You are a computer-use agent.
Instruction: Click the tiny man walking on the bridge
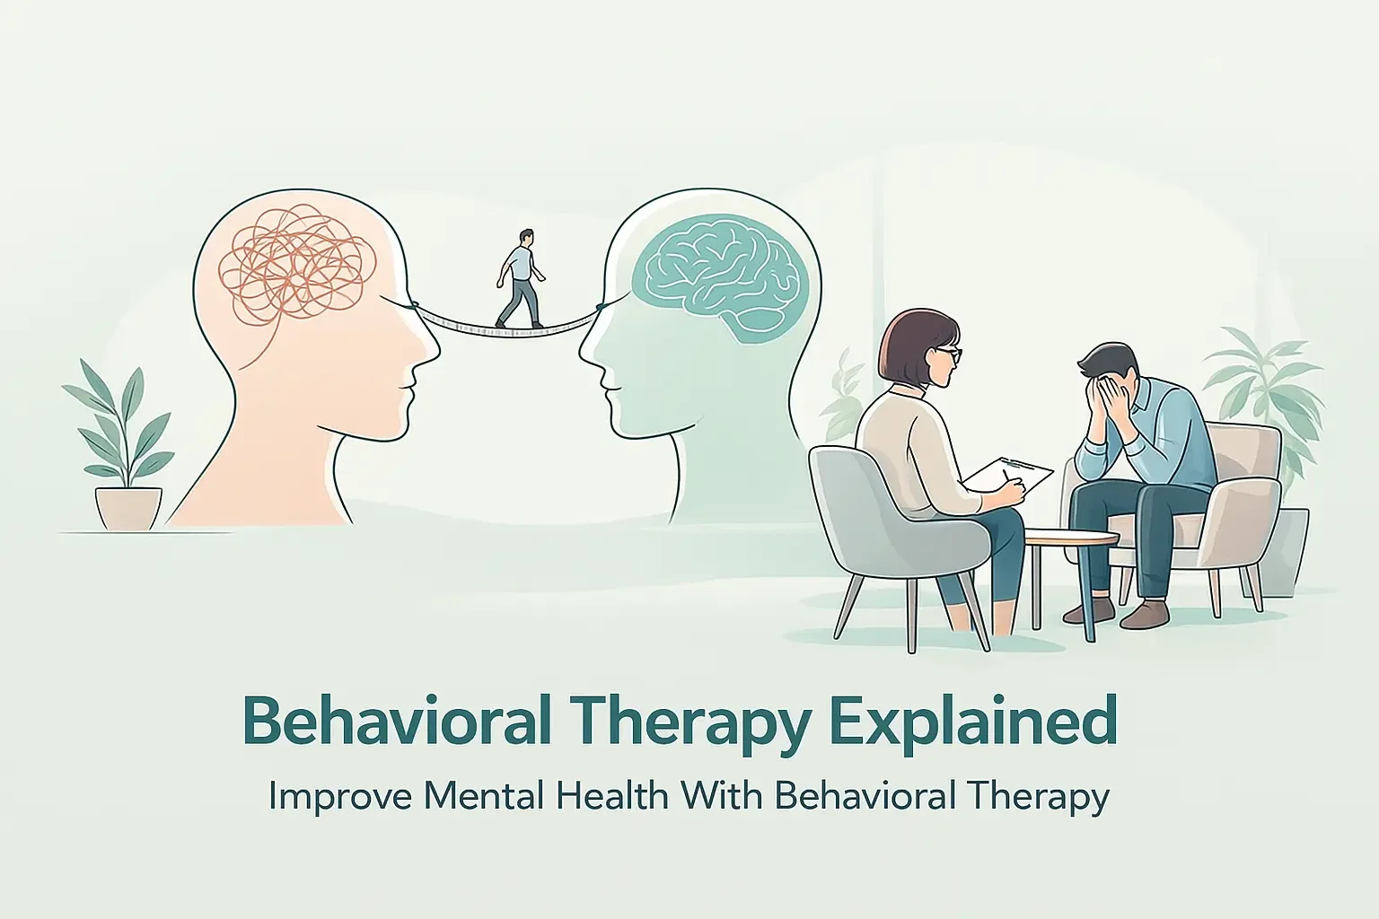(520, 278)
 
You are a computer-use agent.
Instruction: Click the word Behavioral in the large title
(396, 722)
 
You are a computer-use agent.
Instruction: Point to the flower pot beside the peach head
(129, 508)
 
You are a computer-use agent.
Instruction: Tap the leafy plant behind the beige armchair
(1266, 377)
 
